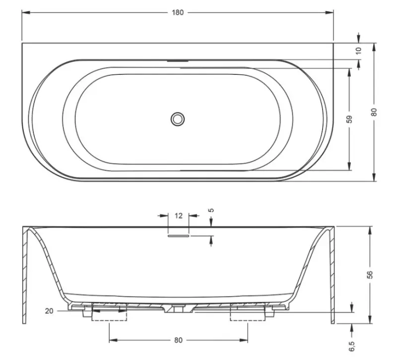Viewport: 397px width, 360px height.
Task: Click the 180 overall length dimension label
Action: pyautogui.click(x=178, y=12)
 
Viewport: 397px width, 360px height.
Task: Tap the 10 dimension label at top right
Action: pyautogui.click(x=359, y=50)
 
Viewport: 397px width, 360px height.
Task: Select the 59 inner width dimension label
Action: pyautogui.click(x=349, y=119)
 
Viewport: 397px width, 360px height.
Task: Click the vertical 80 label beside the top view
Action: pyautogui.click(x=374, y=112)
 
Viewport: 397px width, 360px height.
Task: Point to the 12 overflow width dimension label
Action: pyautogui.click(x=179, y=216)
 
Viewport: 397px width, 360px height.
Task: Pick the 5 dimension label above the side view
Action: pyautogui.click(x=212, y=210)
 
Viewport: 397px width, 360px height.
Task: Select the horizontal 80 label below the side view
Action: pyautogui.click(x=179, y=340)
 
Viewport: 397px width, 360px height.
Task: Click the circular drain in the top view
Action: pyautogui.click(x=177, y=119)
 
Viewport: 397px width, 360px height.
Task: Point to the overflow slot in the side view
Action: pyautogui.click(x=178, y=236)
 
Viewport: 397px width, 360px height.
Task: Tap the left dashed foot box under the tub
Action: pyautogui.click(x=109, y=314)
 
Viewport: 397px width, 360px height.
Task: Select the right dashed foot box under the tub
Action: pyautogui.click(x=248, y=314)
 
